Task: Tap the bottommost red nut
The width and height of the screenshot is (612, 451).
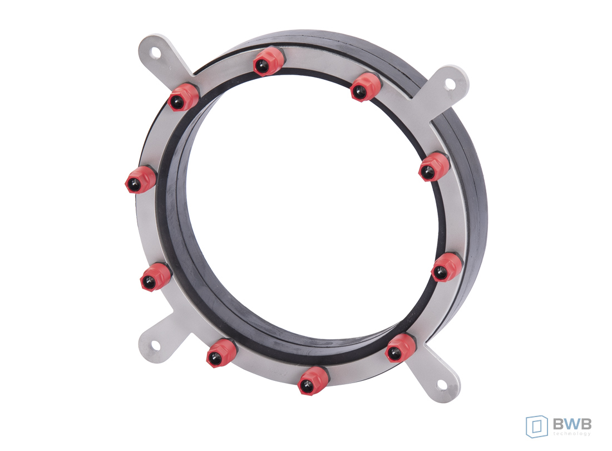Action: coord(312,380)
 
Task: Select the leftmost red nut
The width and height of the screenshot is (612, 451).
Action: coord(140,179)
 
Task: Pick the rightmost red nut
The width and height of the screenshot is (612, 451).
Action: coord(447,267)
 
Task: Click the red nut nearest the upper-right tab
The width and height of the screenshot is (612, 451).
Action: coord(366,87)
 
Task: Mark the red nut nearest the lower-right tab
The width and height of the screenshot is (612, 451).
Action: coord(400,348)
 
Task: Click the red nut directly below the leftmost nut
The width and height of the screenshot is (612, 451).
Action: coord(155,277)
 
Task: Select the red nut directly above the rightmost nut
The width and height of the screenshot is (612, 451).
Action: coord(434,167)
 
